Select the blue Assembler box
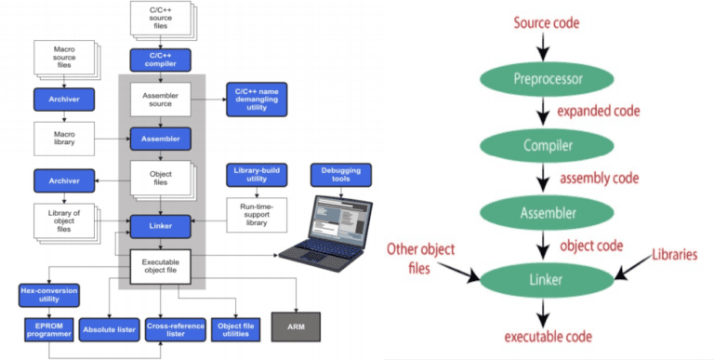pos(160,138)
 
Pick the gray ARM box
pos(297,327)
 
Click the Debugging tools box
pos(340,175)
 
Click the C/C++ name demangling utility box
pos(258,99)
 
